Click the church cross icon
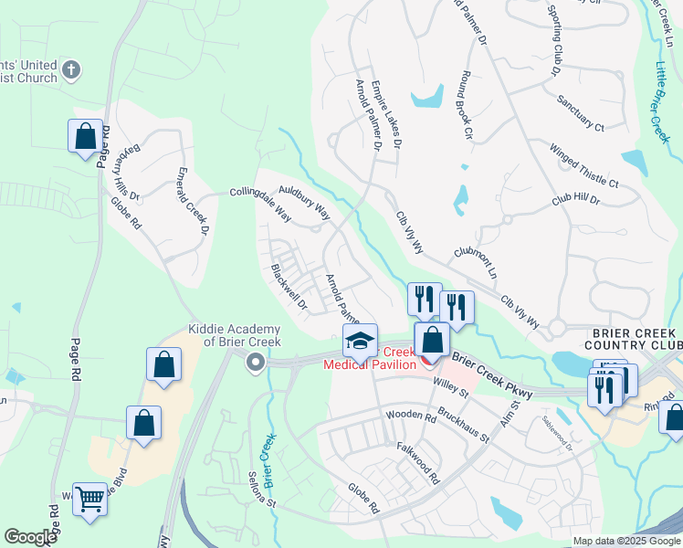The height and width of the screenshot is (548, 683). [x=72, y=68]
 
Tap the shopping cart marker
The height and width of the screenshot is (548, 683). [x=89, y=499]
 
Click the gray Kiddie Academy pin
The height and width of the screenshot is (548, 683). [x=256, y=364]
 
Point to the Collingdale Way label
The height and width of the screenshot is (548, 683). [x=260, y=204]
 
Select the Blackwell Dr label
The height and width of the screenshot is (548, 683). [x=289, y=286]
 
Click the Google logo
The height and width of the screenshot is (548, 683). [x=31, y=536]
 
